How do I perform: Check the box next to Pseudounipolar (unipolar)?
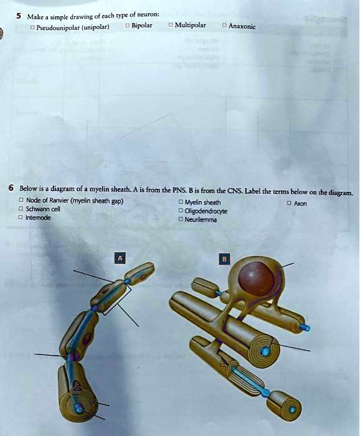click(32, 27)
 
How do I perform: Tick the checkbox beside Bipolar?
click(127, 26)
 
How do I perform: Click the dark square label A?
click(121, 258)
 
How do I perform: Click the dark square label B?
click(225, 258)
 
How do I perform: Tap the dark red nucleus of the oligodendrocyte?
click(257, 279)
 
